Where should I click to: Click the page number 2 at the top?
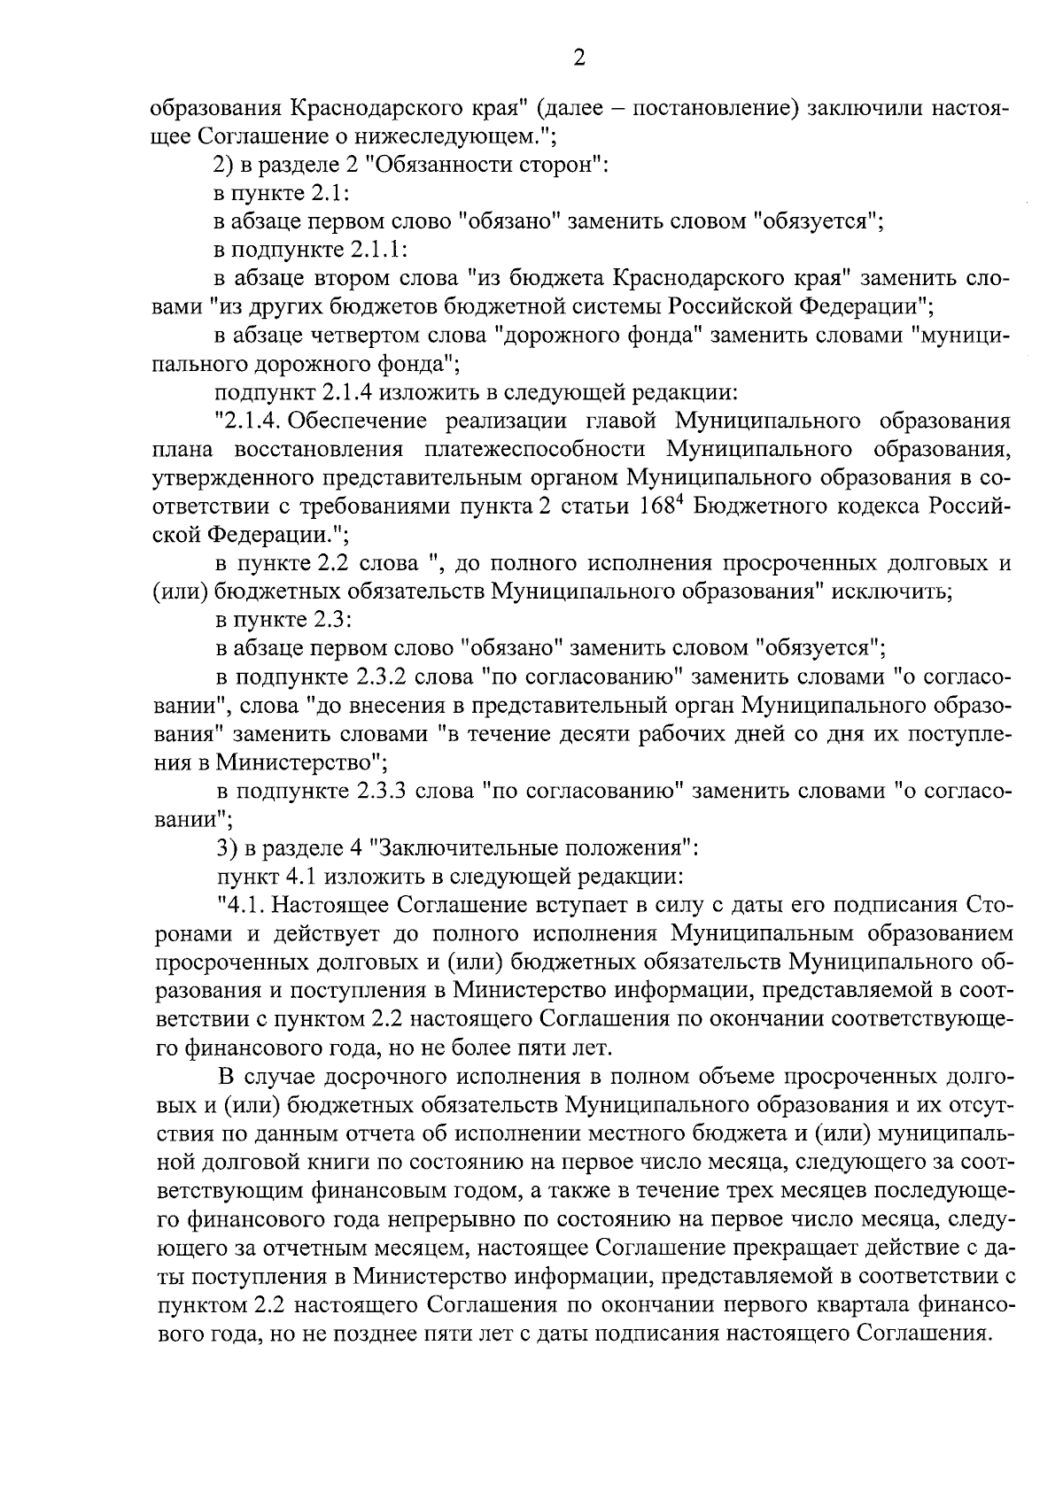tap(579, 59)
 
